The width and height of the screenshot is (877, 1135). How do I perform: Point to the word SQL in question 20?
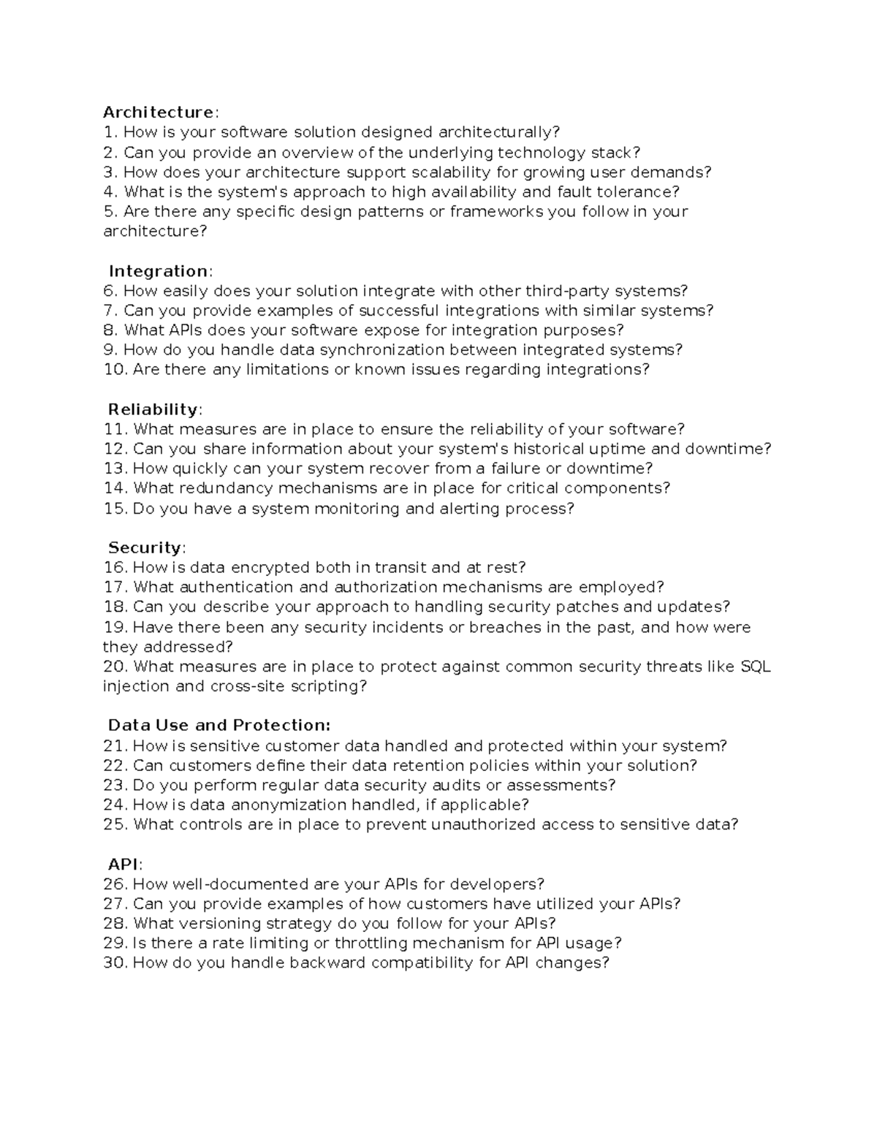coord(755,667)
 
